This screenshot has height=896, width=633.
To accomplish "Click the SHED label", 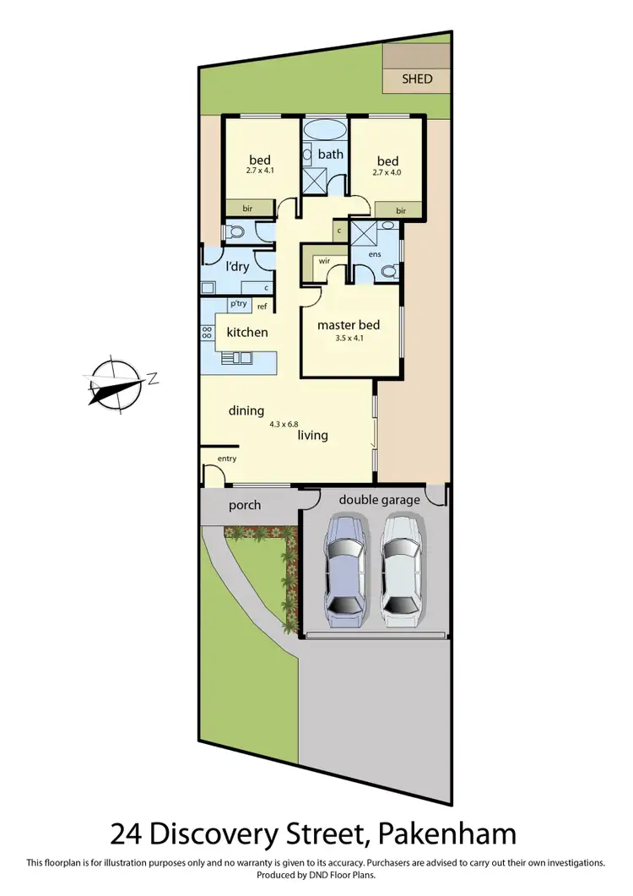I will point(417,79).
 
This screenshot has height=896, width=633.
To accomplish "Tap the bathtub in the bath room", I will point(324,131).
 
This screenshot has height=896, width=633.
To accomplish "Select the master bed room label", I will point(348,325).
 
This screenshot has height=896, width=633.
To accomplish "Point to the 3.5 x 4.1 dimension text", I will point(348,339).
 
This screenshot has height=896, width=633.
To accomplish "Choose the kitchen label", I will point(246,332).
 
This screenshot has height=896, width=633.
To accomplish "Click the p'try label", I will point(237,305).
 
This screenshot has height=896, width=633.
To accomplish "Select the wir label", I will point(324,262).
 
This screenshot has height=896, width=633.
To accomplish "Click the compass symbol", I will point(115,385).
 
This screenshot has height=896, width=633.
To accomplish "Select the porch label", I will point(245,505).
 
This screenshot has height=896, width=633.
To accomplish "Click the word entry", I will point(227,459).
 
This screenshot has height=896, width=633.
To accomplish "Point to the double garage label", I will point(379,499).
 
